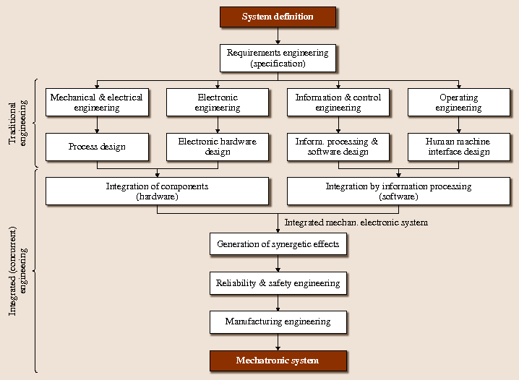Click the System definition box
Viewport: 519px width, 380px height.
click(x=278, y=17)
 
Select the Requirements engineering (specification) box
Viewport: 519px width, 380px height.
click(x=278, y=58)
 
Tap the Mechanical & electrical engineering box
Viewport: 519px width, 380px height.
click(x=97, y=103)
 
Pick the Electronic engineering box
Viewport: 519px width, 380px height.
click(x=218, y=103)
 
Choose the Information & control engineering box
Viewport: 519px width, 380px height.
click(x=338, y=103)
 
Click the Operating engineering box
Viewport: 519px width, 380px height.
click(x=458, y=103)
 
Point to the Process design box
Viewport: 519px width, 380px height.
click(x=97, y=147)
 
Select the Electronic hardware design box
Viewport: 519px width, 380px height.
click(x=218, y=147)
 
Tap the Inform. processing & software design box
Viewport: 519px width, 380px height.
click(x=338, y=147)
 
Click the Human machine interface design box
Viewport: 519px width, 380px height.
click(x=458, y=147)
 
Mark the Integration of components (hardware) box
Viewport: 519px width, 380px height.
click(x=157, y=191)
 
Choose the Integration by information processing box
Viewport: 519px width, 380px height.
click(x=398, y=191)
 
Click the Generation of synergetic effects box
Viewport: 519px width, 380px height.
click(x=278, y=244)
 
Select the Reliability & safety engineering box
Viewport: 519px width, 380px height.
click(x=278, y=283)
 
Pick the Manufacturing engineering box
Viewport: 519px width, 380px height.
click(x=278, y=321)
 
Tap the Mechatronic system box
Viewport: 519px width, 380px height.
click(x=278, y=360)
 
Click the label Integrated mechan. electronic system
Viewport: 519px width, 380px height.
click(x=356, y=223)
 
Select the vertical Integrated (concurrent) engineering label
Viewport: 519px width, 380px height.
click(x=17, y=271)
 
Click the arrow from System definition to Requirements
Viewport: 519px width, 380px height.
click(x=278, y=36)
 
